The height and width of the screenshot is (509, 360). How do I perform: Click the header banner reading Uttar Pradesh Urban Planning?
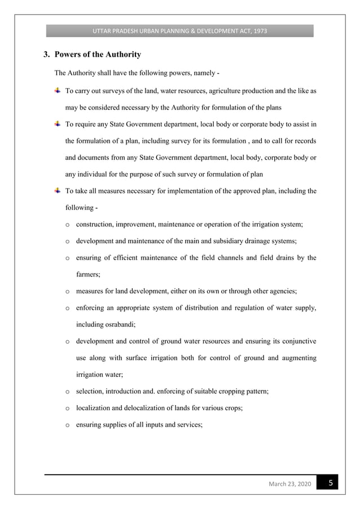click(179, 30)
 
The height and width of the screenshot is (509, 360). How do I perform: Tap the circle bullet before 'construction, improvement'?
click(67, 225)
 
